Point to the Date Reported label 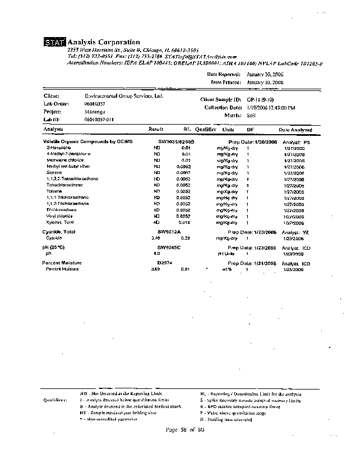point(224,74)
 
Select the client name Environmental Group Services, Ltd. point(123,96)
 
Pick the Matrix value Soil point(252,114)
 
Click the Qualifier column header point(206,129)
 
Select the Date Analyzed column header point(292,130)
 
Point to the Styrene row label point(54,172)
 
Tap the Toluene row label point(54,191)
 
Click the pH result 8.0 point(156,254)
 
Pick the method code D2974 point(164,263)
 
